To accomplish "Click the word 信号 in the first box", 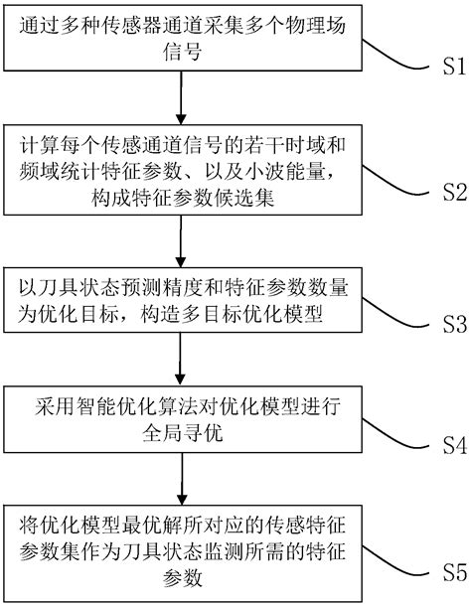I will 180,57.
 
